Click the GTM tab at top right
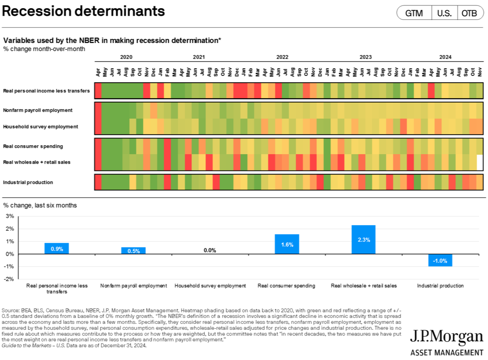(414, 13)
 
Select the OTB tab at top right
(469, 13)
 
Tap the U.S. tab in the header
(444, 13)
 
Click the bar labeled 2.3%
(363, 240)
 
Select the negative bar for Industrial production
(440, 260)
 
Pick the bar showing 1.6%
(287, 244)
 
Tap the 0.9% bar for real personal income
(57, 249)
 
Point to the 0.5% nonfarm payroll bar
(133, 251)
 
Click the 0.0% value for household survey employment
(210, 250)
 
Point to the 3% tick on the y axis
(9, 216)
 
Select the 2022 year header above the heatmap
(282, 57)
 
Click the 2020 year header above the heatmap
(126, 57)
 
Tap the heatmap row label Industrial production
(28, 182)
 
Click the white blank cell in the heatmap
(480, 162)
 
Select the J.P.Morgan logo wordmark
(446, 337)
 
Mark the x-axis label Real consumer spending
(286, 286)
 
